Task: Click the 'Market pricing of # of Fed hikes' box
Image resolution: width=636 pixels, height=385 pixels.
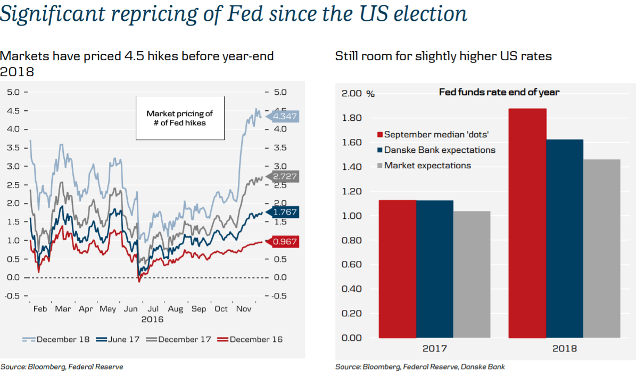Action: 180,118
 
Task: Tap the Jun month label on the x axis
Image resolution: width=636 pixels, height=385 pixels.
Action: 130,309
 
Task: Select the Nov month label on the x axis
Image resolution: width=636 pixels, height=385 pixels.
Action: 243,309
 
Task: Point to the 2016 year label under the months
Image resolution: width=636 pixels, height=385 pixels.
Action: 152,320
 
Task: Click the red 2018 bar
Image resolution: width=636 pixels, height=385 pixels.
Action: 527,223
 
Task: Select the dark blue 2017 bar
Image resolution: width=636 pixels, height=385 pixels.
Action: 434,269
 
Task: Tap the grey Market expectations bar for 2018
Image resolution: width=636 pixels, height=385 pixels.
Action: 601,248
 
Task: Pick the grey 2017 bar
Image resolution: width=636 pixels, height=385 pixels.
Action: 472,274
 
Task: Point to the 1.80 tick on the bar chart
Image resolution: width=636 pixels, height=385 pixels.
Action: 352,118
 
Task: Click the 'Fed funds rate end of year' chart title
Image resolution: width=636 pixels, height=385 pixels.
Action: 499,92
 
